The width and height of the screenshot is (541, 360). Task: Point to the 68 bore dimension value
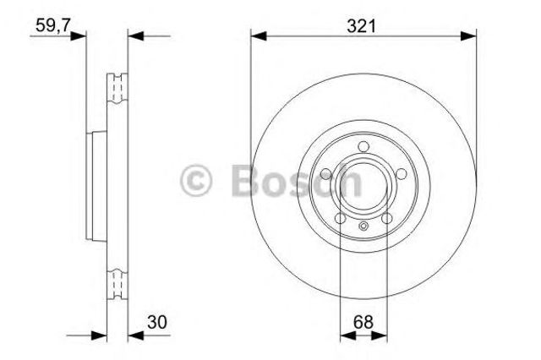tap(363, 321)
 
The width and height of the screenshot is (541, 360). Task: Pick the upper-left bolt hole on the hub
tap(326, 175)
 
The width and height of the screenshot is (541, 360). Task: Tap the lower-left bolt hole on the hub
tap(340, 218)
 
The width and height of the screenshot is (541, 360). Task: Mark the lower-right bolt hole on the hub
tap(385, 218)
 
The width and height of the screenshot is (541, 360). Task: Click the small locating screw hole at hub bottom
tap(363, 225)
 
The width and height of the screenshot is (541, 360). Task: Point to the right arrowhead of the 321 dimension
tap(471, 35)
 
